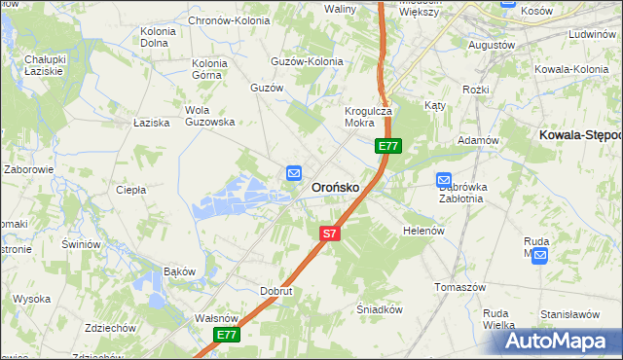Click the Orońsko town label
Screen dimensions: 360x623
(x=335, y=187)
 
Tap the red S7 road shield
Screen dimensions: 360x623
(x=330, y=234)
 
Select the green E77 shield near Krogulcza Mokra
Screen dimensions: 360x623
(x=388, y=146)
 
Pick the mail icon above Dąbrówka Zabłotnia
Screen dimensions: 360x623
(x=444, y=180)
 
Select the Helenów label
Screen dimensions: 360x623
(x=423, y=231)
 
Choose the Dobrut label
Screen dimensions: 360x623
(x=276, y=290)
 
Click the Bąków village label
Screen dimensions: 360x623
(x=180, y=270)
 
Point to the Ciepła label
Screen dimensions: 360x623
(x=130, y=190)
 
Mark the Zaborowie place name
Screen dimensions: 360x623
(x=28, y=168)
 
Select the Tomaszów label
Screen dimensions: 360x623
(x=459, y=288)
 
